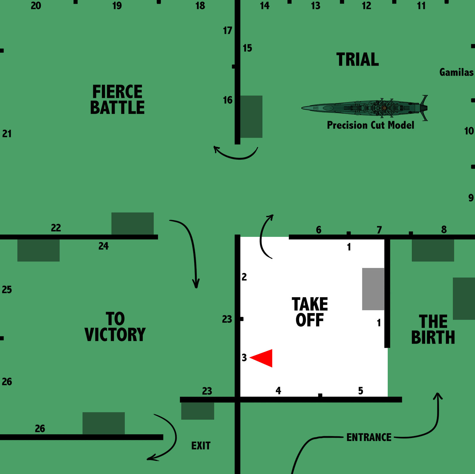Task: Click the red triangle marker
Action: (263, 358)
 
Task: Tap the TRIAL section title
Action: (357, 59)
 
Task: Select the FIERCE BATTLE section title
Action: (117, 99)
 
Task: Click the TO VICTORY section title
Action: (115, 327)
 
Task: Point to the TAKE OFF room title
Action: (310, 312)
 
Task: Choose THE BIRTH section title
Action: (433, 329)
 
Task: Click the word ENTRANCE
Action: (369, 437)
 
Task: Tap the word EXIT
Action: (201, 446)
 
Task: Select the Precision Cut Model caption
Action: (370, 125)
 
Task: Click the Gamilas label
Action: (456, 72)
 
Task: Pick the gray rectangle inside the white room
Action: (373, 289)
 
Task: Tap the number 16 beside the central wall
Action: (228, 100)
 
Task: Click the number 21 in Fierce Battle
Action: (7, 134)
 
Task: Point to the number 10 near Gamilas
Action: (469, 131)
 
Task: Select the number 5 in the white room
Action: (360, 391)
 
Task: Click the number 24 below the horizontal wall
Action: (103, 246)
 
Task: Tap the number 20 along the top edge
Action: (36, 6)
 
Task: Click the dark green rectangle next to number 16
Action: (251, 117)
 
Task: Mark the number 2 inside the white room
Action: (244, 277)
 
